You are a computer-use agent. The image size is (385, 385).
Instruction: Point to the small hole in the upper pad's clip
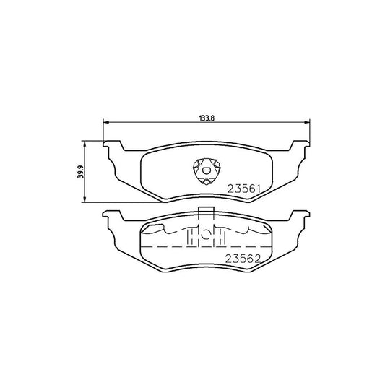206,170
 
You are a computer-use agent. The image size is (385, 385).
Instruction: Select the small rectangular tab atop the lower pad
204,212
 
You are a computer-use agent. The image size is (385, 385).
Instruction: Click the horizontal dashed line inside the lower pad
166,248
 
